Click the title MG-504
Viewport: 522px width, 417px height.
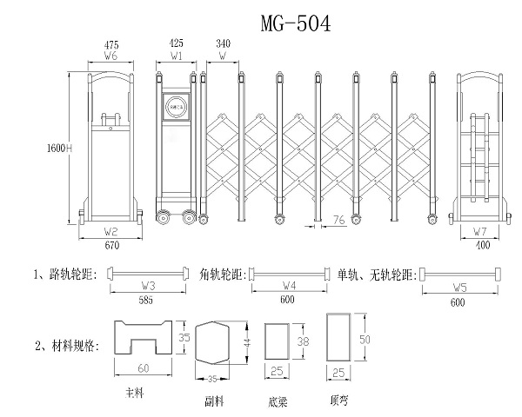tap(296, 23)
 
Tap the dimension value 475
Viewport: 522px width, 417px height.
tap(111, 43)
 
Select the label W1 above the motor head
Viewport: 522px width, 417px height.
tap(177, 55)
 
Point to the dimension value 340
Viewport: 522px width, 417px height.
tap(223, 43)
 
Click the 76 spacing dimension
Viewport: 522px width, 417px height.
tap(338, 222)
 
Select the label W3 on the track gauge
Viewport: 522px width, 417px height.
tap(148, 285)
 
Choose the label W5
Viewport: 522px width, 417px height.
tap(460, 285)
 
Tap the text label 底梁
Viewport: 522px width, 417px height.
tap(279, 402)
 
